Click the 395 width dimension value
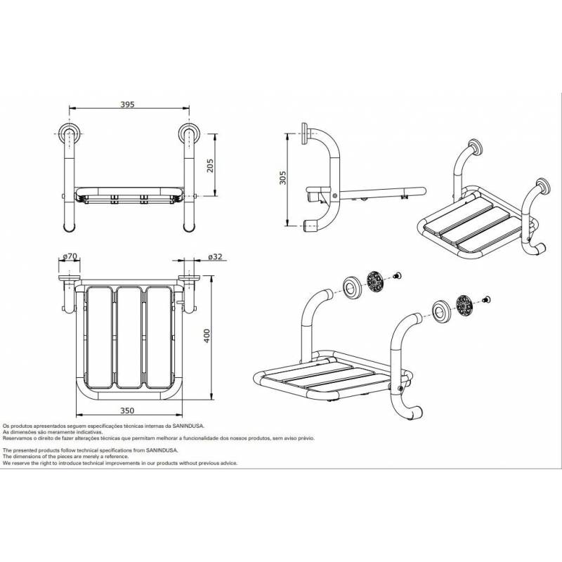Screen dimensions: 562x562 [127, 104]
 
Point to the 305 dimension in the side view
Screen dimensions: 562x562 [282, 179]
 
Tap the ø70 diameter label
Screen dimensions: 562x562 [69, 258]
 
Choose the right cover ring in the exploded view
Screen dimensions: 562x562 [440, 310]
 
